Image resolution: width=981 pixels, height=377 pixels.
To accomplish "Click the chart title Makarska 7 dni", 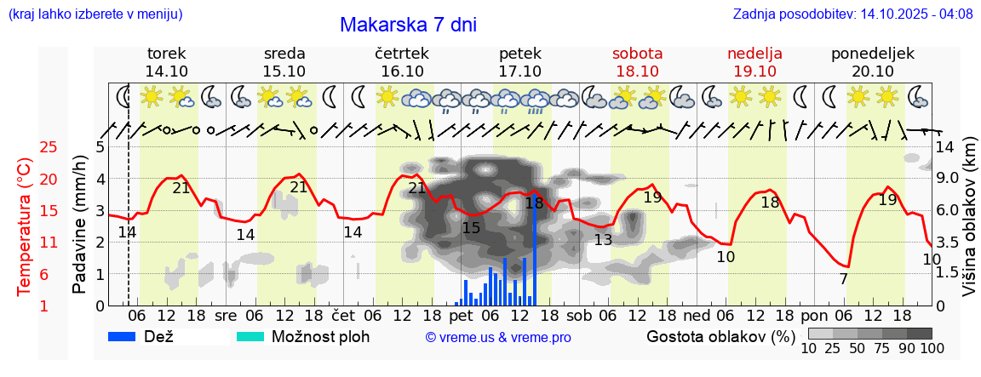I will coord(408,25).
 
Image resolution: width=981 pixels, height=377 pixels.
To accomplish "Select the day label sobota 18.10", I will coord(637,62).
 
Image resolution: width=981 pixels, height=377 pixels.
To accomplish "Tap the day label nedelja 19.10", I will coord(754,62).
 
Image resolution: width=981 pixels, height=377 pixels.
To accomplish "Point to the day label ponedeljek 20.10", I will coord(873,62).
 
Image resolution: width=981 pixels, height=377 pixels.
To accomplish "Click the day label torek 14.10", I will coord(167,62).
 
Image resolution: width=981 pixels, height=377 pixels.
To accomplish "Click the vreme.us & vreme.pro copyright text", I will coord(498,338).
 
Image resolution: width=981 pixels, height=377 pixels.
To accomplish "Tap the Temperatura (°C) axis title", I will coord(25,226).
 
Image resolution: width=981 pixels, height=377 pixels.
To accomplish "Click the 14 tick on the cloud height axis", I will coord(944,147).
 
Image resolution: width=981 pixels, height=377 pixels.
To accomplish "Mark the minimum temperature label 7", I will coord(843,279).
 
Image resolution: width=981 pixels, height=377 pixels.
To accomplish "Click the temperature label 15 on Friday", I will coord(471,228).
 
